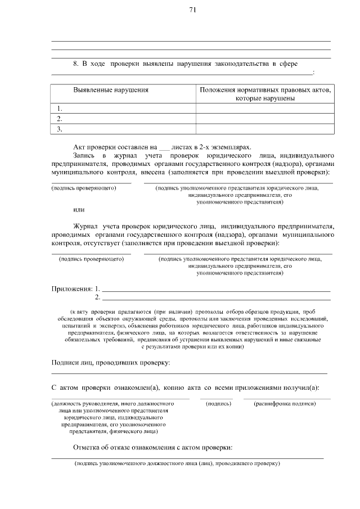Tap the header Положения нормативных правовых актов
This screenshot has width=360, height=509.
[265, 89]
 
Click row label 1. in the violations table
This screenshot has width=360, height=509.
[59, 108]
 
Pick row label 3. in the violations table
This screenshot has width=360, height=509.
[59, 129]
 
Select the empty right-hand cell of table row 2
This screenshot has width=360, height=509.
[264, 119]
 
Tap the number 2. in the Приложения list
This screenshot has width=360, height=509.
[98, 297]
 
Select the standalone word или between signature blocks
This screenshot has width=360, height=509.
[79, 209]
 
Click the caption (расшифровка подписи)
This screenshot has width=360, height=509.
[285, 404]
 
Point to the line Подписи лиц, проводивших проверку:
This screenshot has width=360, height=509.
[111, 363]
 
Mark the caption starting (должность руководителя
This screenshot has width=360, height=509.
[112, 404]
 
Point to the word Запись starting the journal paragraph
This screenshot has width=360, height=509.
[84, 154]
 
